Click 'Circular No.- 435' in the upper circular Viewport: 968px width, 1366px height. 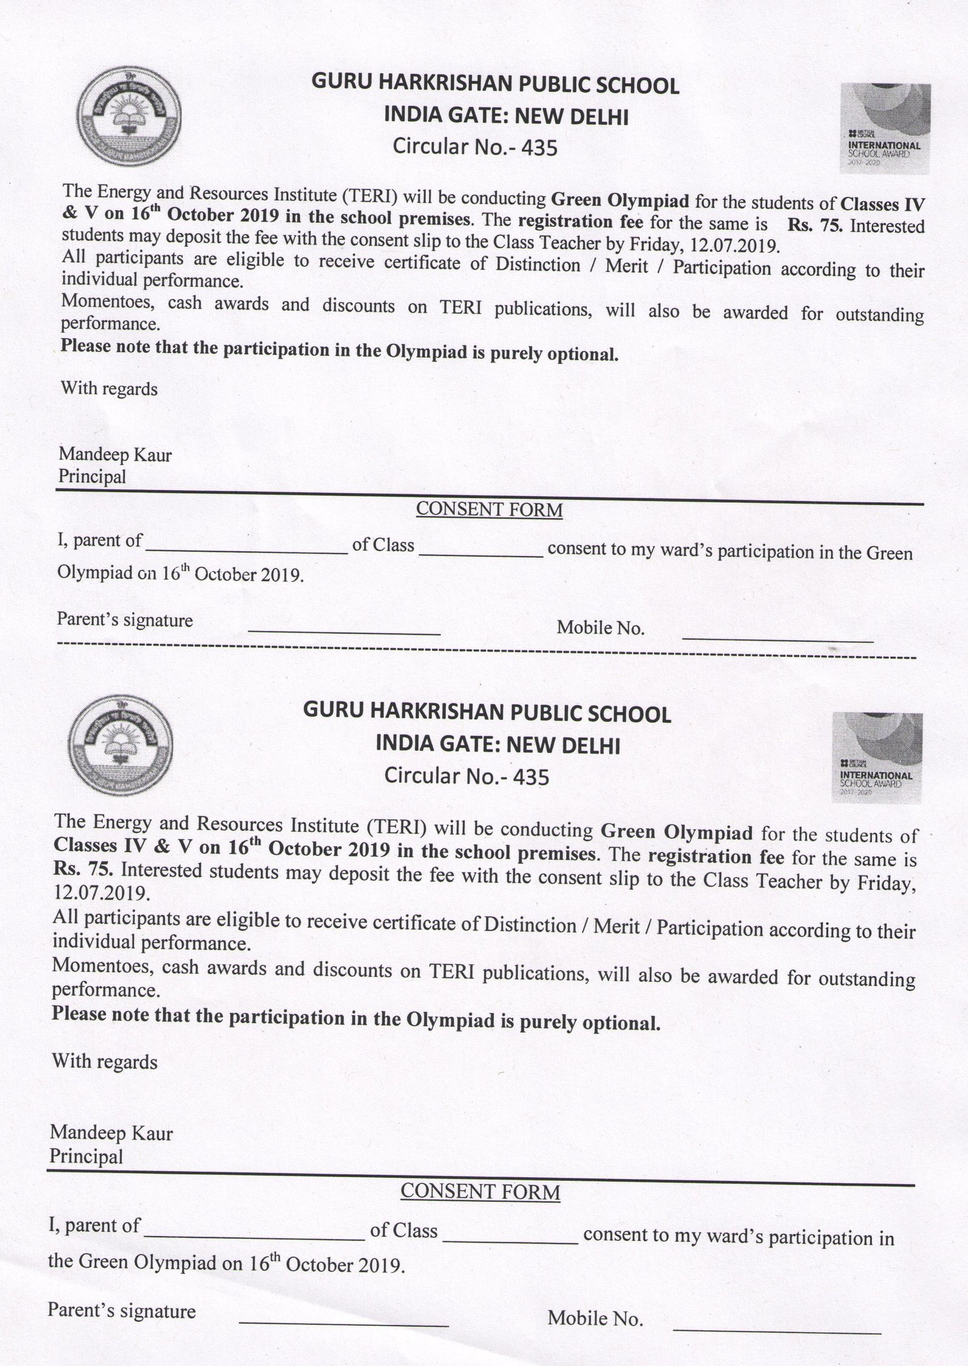[x=474, y=146]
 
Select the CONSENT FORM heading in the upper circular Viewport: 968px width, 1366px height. [x=489, y=510]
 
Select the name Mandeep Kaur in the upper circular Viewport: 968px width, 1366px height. [x=115, y=454]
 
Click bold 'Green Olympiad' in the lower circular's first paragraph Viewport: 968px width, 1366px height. [x=676, y=832]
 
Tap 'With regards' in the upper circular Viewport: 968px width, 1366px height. [x=109, y=388]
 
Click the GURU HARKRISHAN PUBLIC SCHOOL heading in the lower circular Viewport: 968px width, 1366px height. [x=486, y=714]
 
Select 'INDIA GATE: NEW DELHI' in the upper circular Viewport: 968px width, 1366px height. [x=506, y=117]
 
